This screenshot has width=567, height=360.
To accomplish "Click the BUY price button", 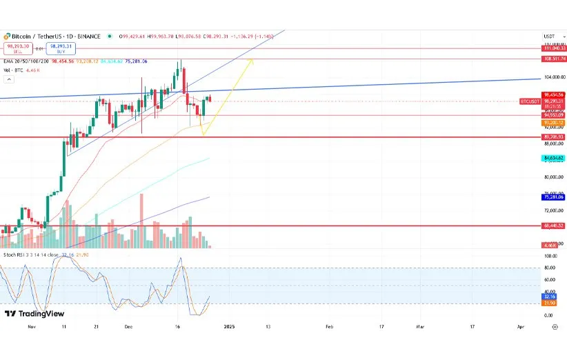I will (60, 48).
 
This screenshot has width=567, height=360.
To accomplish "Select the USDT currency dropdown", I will (550, 36).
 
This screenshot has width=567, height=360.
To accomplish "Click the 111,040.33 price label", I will (554, 48).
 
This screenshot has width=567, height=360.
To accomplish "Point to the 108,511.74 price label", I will (554, 59).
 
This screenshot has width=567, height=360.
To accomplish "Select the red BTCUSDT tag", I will (529, 101).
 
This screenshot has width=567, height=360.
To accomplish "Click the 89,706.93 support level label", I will (554, 137).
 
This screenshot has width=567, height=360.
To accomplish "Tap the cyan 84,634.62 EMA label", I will (554, 159).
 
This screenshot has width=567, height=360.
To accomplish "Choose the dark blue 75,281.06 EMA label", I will (554, 197).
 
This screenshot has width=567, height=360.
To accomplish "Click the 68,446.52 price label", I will (554, 226).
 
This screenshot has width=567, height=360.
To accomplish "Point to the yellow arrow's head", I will (252, 61).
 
